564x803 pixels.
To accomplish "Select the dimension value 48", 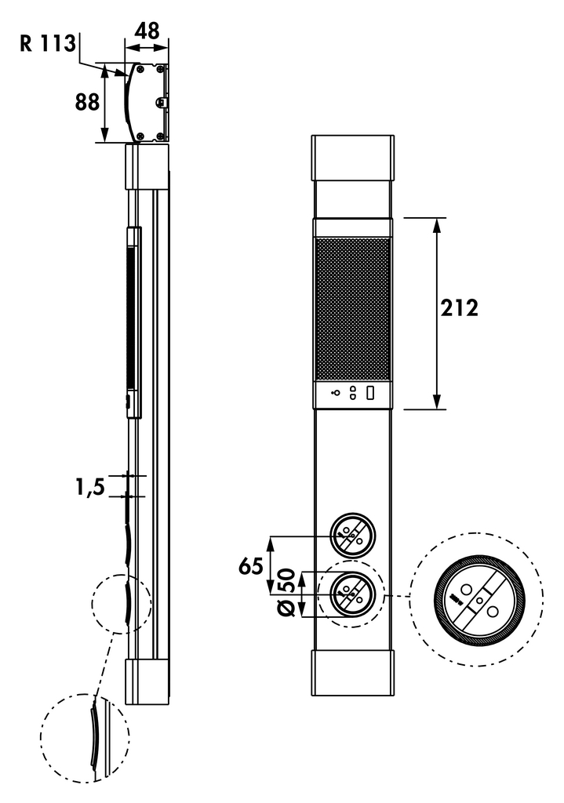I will coord(147,31).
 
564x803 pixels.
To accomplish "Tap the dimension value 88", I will coord(88,102).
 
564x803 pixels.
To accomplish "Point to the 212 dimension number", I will coord(458,307).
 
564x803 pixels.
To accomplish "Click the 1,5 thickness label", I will coord(89,488).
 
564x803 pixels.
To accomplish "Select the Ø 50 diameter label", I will coord(287,594).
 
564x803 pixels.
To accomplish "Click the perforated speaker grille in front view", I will coord(352,309).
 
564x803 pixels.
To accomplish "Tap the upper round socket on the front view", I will coord(352,536).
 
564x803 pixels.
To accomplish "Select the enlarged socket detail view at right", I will coord(478,601).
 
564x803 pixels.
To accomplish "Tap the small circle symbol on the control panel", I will coord(336,393).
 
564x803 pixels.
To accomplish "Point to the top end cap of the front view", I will coord(352,158).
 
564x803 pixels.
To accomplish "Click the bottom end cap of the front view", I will coord(352,672).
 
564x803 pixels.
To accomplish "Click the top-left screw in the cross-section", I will coord(139,69).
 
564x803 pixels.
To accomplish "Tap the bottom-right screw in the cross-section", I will coord(160,136).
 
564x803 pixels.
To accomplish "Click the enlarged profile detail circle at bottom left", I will coord(84,737).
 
